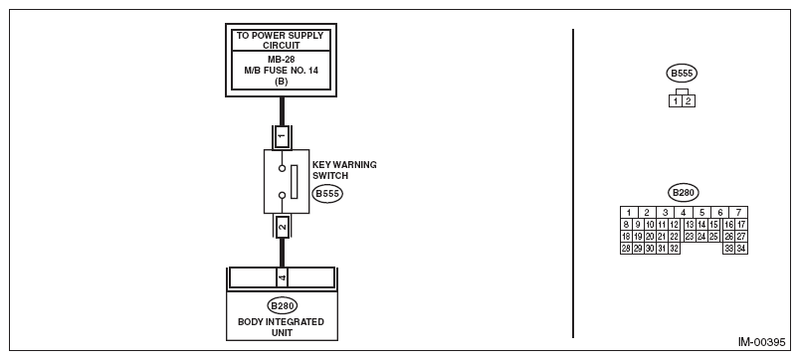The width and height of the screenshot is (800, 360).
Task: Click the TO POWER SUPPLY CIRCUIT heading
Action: tap(281, 41)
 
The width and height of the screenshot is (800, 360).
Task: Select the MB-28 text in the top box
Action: tap(281, 59)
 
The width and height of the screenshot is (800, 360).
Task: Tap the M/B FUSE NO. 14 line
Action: tap(281, 71)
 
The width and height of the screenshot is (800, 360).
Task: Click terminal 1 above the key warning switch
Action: tap(282, 135)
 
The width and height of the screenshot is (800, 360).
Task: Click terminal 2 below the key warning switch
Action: tap(282, 227)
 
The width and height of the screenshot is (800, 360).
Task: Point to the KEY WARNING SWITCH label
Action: tap(344, 170)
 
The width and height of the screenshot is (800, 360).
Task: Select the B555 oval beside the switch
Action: tap(327, 194)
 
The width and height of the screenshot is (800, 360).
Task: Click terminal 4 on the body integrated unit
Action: tap(282, 277)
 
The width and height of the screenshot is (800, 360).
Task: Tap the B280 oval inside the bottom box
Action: tap(283, 306)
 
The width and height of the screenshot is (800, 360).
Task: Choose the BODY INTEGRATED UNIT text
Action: tap(282, 327)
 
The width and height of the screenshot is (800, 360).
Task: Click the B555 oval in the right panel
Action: tap(682, 74)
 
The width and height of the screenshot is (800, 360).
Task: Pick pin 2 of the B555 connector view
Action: tap(689, 101)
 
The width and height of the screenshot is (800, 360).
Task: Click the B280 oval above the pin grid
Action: tap(684, 193)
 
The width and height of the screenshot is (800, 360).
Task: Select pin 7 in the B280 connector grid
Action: tap(738, 213)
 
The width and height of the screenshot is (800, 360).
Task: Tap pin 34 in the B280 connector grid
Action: tap(741, 249)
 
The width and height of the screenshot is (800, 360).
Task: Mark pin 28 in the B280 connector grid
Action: tap(626, 249)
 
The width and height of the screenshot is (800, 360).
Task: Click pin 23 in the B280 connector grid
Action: tap(690, 237)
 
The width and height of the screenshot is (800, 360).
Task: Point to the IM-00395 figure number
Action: tap(762, 342)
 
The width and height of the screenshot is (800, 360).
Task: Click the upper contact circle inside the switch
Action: tap(282, 168)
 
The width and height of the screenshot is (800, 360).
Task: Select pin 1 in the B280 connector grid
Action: tap(629, 213)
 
